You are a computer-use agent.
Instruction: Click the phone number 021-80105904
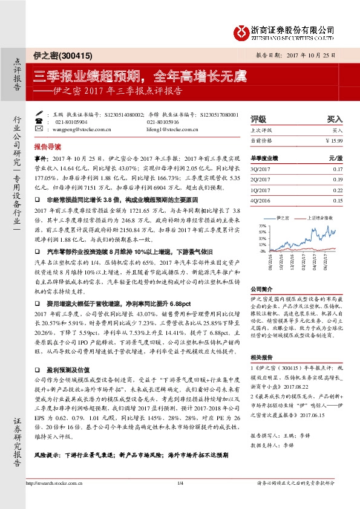pyautogui.click(x=73, y=122)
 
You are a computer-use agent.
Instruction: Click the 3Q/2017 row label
pyautogui.click(x=261, y=170)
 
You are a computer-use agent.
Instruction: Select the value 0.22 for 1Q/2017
pyautogui.click(x=338, y=190)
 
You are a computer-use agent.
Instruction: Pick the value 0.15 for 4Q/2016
pyautogui.click(x=338, y=201)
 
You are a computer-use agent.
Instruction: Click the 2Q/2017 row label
pyautogui.click(x=261, y=180)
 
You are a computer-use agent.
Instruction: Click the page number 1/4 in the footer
pyautogui.click(x=180, y=499)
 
